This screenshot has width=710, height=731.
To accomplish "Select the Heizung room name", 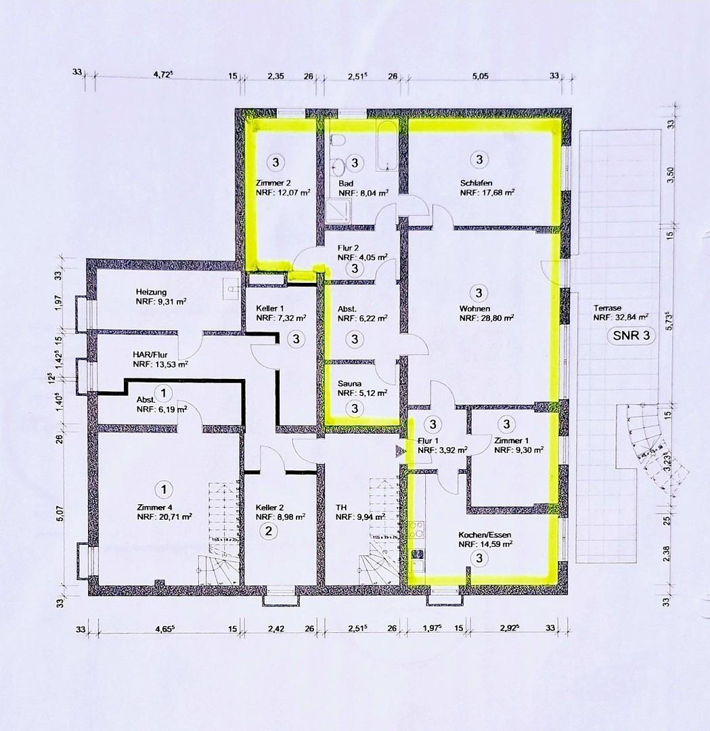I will (150, 292).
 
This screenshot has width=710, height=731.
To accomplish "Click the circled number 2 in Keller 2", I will (268, 531).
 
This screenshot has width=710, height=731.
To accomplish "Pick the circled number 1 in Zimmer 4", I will (162, 488).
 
